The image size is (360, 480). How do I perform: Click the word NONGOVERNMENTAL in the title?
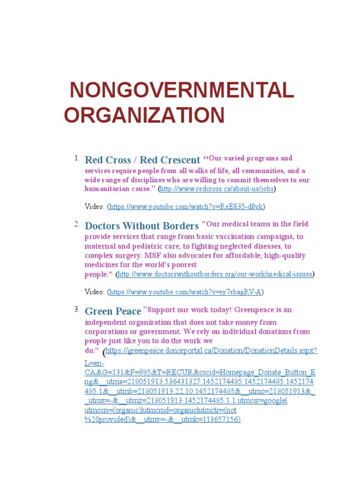point(182,90)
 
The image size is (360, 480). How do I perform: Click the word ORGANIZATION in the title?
point(144,115)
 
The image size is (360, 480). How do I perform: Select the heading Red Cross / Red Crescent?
point(142,160)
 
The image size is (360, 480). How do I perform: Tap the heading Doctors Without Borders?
point(142,225)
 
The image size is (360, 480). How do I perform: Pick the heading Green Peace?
point(113,311)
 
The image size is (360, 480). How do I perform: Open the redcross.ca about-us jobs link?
point(217,189)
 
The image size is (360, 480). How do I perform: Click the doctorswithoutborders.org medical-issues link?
point(215,274)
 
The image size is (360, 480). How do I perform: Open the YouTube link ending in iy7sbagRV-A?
point(185,292)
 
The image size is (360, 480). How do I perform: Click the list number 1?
point(76,158)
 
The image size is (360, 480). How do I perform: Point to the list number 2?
point(76,224)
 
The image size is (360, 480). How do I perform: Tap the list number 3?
point(76,309)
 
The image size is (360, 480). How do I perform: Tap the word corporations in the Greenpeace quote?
point(106,331)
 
